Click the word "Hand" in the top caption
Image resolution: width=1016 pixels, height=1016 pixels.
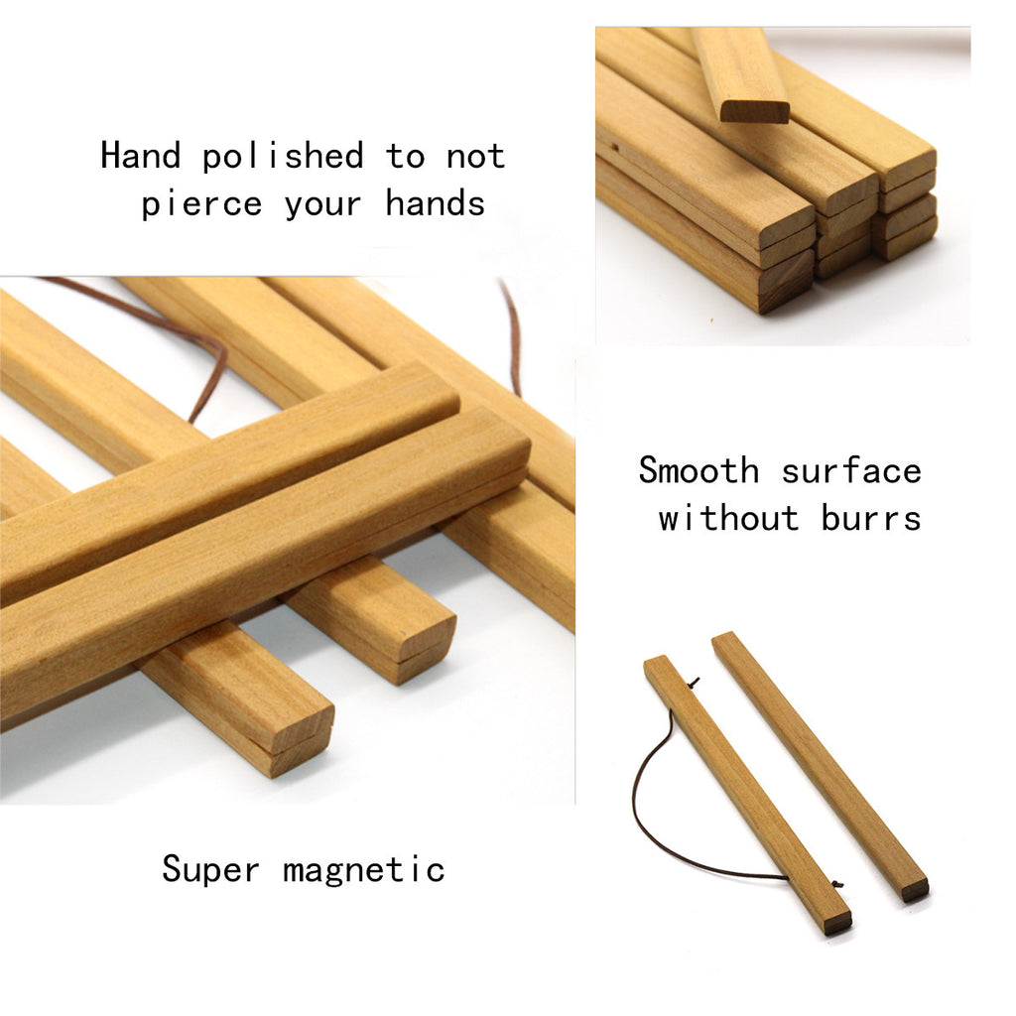click(141, 156)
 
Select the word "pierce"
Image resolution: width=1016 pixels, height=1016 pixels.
click(201, 204)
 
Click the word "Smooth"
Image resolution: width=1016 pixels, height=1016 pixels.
click(698, 470)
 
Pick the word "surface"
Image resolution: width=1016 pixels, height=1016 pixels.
click(851, 470)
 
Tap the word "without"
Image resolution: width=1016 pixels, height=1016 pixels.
click(729, 518)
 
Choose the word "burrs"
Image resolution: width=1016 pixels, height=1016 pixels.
click(871, 518)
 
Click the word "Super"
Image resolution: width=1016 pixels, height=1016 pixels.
click(210, 869)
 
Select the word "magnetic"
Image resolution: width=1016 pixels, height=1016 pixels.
click(364, 870)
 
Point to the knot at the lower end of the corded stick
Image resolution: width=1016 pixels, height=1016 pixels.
click(837, 884)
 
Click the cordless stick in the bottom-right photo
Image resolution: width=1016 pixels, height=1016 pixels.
click(820, 766)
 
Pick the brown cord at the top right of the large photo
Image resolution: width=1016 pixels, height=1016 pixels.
click(512, 337)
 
